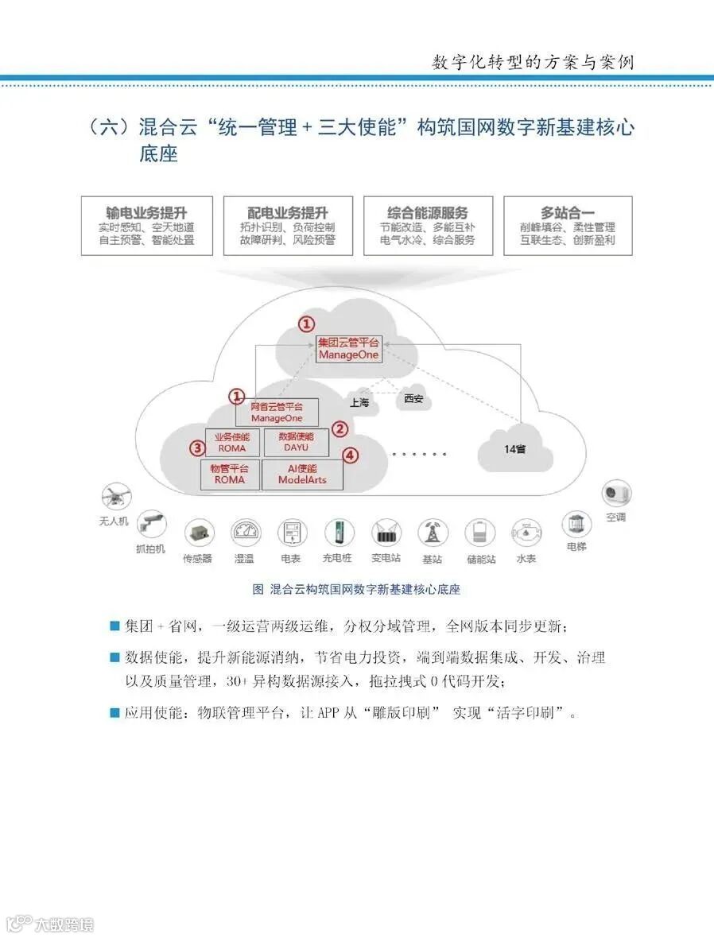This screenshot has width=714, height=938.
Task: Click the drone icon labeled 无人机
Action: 116,498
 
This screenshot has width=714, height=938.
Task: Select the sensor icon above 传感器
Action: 198,533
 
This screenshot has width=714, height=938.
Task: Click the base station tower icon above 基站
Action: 432,533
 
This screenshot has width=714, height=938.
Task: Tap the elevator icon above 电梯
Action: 576,524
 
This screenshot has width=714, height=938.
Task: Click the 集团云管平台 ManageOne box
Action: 347,349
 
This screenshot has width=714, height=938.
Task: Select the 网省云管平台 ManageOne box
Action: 277,412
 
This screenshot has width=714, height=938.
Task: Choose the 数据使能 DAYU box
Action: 296,442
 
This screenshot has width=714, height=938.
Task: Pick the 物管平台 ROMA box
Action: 229,474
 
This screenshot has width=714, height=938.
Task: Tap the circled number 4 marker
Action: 351,456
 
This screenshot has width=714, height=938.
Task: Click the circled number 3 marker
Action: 197,448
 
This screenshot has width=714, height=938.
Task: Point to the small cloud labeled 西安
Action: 413,398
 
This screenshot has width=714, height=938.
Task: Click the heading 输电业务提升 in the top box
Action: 147,212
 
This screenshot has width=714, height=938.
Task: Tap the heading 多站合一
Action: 568,212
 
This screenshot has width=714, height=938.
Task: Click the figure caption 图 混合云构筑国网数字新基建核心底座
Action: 355,589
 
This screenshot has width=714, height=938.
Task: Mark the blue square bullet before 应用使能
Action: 114,712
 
